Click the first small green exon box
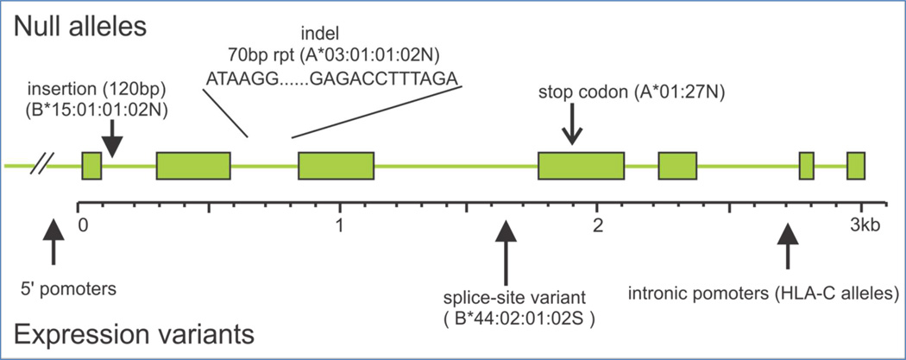pyautogui.click(x=91, y=165)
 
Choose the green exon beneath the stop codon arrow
pyautogui.click(x=581, y=165)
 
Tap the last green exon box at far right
pyautogui.click(x=856, y=165)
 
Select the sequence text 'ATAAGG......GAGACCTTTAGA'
pyautogui.click(x=332, y=80)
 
